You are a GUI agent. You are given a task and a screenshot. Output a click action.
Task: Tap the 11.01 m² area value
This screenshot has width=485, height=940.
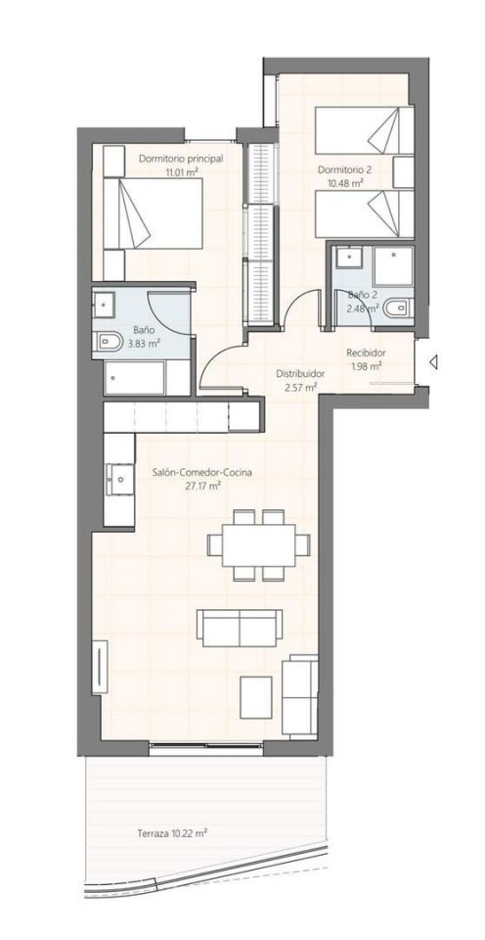182,172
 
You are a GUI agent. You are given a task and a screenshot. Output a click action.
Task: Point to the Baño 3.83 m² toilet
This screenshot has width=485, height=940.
109,343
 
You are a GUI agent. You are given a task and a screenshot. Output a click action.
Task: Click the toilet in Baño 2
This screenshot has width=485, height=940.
396,309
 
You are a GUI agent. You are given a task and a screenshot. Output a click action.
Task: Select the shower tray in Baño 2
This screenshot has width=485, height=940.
393,265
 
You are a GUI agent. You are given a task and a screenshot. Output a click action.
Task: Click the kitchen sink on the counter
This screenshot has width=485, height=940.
118,479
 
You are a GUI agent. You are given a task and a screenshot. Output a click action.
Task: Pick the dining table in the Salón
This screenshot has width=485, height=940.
259,544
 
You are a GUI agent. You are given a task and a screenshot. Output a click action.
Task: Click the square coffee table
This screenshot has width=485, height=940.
256,696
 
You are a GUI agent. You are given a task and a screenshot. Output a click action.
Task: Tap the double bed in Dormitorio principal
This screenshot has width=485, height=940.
153,212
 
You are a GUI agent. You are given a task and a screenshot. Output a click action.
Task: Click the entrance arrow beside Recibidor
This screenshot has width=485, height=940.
433,361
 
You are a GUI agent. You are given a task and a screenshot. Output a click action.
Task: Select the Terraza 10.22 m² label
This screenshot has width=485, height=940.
172,832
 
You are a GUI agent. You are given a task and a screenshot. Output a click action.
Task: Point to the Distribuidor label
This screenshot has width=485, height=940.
300,373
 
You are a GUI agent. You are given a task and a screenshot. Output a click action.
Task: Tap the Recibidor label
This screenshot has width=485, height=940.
366,353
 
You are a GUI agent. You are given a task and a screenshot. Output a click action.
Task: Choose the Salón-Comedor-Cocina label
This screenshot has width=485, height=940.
201,472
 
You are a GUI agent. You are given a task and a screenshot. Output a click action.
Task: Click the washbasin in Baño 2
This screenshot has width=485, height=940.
347,258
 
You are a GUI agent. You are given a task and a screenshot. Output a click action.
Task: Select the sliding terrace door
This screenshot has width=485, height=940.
206,745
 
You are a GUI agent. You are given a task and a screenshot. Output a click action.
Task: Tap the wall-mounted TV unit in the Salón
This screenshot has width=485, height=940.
100,667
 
